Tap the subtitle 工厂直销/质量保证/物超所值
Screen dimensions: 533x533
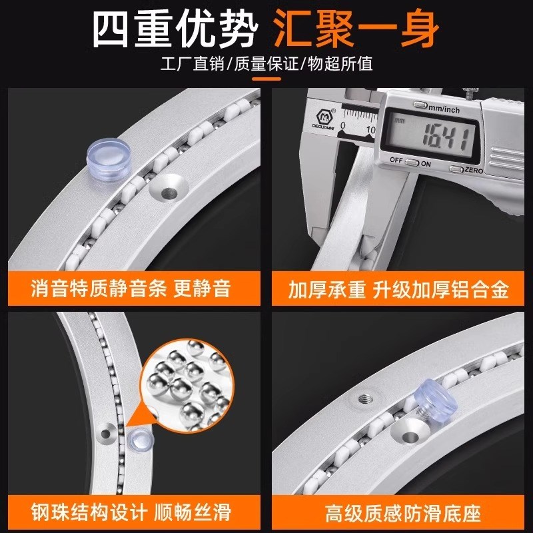(266, 65)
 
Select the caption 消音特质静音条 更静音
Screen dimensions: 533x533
(131, 288)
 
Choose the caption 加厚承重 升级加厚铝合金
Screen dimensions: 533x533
(398, 290)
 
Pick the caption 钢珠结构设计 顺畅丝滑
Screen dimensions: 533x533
(131, 512)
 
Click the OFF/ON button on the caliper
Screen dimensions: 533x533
(412, 162)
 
